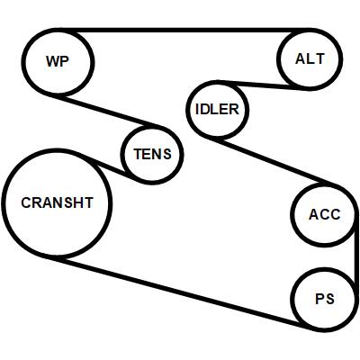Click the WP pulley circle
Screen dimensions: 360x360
[x=23, y=62]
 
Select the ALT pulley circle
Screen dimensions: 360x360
[x=278, y=58]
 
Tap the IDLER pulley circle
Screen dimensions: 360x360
[x=187, y=110]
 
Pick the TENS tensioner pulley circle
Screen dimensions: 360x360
[x=122, y=154]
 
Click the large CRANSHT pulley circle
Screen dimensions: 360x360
[x=4, y=202]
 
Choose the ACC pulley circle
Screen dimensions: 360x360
[x=292, y=214]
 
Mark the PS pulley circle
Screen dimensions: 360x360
[x=292, y=300]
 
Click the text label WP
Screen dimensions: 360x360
[x=58, y=61]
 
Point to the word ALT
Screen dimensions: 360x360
[x=310, y=58]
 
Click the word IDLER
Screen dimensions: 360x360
[x=217, y=109]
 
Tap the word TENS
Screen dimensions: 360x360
[x=152, y=154]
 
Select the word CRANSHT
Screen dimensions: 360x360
[x=57, y=202]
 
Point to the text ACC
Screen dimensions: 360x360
[x=325, y=214]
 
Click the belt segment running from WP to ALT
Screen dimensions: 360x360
[x=184, y=30]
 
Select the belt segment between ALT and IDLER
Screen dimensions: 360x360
[x=263, y=85]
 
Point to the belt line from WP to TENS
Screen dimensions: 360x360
[x=105, y=111]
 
